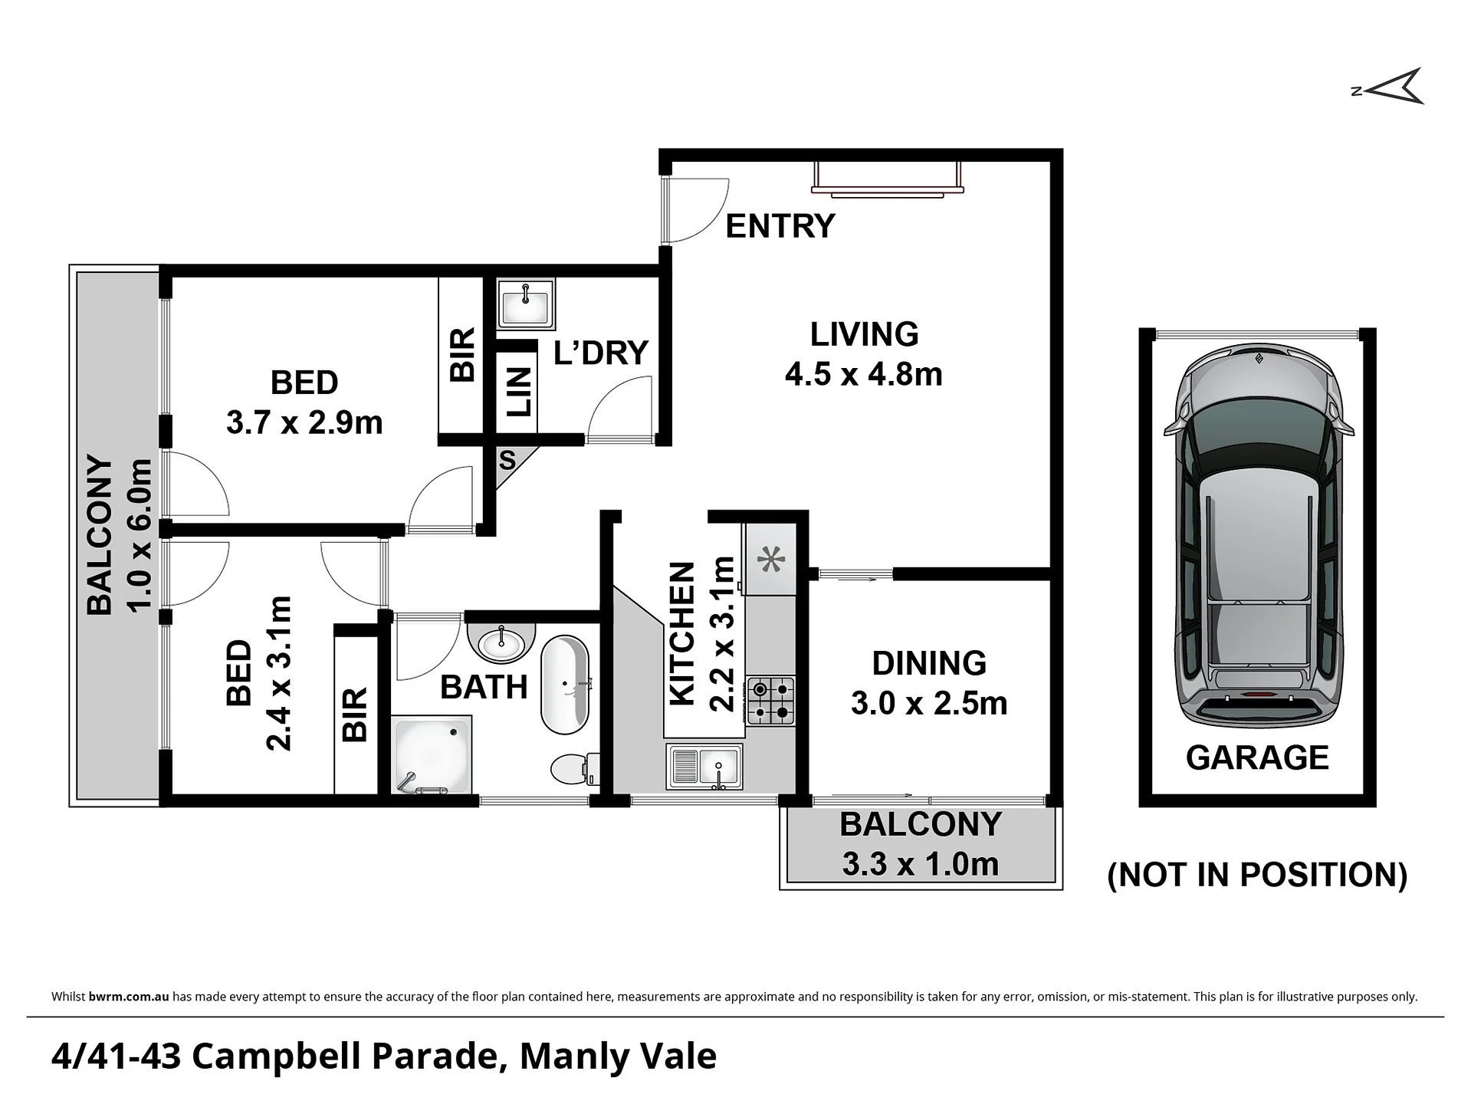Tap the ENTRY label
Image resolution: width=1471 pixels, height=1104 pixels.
(x=780, y=226)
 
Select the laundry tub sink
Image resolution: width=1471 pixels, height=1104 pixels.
(x=526, y=304)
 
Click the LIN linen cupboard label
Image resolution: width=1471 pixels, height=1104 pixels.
(x=519, y=392)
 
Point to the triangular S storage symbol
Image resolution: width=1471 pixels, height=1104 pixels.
(x=509, y=463)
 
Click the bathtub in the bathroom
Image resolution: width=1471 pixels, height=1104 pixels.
(x=565, y=684)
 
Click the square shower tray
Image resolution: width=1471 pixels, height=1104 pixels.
(x=432, y=754)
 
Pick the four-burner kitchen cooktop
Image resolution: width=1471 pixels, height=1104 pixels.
(x=770, y=701)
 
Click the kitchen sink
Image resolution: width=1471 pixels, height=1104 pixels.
(x=704, y=767)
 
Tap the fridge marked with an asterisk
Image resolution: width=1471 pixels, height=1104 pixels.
(x=770, y=560)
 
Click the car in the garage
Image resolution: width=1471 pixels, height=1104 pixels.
(x=1259, y=534)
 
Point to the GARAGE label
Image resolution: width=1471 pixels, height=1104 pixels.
(x=1257, y=757)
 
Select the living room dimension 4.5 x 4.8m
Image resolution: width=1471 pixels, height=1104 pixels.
(x=864, y=374)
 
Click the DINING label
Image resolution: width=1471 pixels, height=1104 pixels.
(x=929, y=663)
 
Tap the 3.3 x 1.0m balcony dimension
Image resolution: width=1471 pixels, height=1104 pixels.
(x=921, y=864)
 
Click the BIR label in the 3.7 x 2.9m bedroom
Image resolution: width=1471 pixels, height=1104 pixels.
(x=462, y=354)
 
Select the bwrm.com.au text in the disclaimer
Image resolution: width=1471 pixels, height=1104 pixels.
(x=129, y=997)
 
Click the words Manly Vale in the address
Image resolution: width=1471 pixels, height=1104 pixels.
(x=618, y=1056)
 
